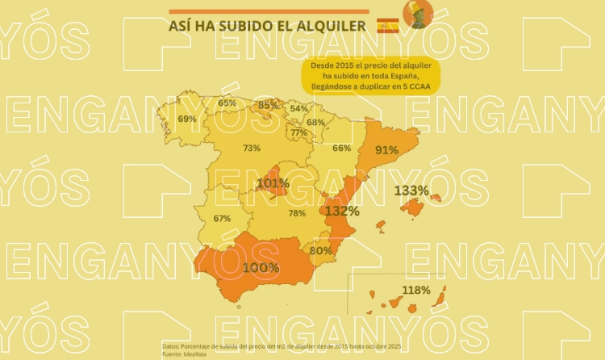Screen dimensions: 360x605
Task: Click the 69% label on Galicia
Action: click(187, 119)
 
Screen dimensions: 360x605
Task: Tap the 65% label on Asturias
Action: click(227, 103)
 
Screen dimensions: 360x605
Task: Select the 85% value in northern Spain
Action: click(268, 105)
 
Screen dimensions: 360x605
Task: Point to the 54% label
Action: click(299, 108)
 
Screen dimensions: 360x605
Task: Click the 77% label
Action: click(298, 132)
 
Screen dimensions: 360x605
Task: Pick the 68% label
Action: click(315, 123)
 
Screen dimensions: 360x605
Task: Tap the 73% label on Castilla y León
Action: click(252, 148)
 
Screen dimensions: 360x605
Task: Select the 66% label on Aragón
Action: click(342, 148)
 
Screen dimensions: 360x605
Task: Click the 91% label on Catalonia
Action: click(386, 150)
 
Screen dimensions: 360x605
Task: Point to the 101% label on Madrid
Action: click(273, 183)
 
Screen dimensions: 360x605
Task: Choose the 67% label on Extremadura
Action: click(222, 218)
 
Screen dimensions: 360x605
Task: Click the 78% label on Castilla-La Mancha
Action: click(297, 213)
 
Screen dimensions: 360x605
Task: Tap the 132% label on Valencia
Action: click(342, 211)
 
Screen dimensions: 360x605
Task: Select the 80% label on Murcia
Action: click(320, 251)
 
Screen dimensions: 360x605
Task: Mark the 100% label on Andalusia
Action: click(261, 267)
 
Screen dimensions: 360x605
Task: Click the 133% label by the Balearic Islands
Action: click(411, 190)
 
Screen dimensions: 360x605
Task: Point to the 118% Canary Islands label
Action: click(415, 290)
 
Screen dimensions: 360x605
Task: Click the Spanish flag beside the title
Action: click(388, 27)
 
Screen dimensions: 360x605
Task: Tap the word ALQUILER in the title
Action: click(322, 27)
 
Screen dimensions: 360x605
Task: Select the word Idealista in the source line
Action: click(194, 354)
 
